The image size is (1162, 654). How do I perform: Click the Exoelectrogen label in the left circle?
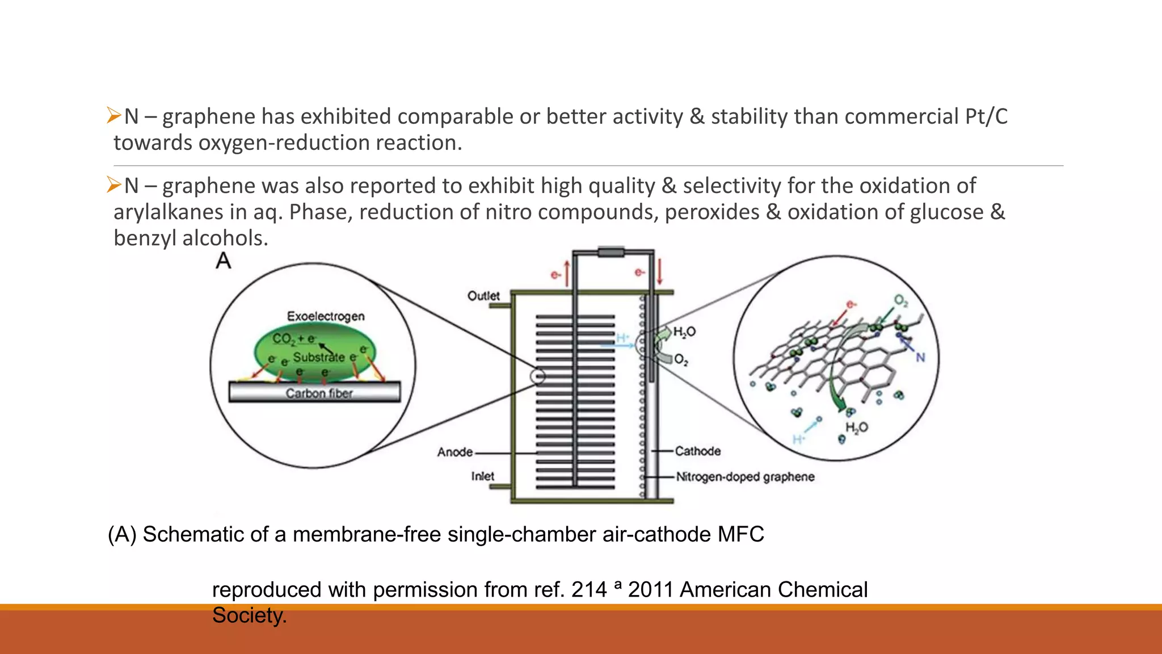click(326, 316)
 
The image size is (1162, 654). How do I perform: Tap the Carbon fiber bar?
click(315, 392)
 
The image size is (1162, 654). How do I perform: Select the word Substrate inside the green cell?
click(319, 357)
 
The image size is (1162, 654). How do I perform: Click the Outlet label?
click(483, 296)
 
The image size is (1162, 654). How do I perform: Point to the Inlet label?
click(482, 476)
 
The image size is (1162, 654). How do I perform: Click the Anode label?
click(455, 452)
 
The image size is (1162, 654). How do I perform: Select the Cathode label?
click(698, 451)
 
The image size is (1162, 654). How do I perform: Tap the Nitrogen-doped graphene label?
click(745, 477)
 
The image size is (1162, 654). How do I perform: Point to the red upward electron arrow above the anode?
click(566, 274)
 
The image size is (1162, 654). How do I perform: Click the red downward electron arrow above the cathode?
click(659, 272)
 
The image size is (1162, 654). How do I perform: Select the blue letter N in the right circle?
click(920, 358)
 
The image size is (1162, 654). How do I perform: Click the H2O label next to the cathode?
click(684, 332)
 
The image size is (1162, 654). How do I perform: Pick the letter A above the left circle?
click(224, 261)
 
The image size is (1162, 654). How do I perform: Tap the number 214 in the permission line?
click(589, 590)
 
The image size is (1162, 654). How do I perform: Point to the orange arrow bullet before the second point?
click(114, 185)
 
